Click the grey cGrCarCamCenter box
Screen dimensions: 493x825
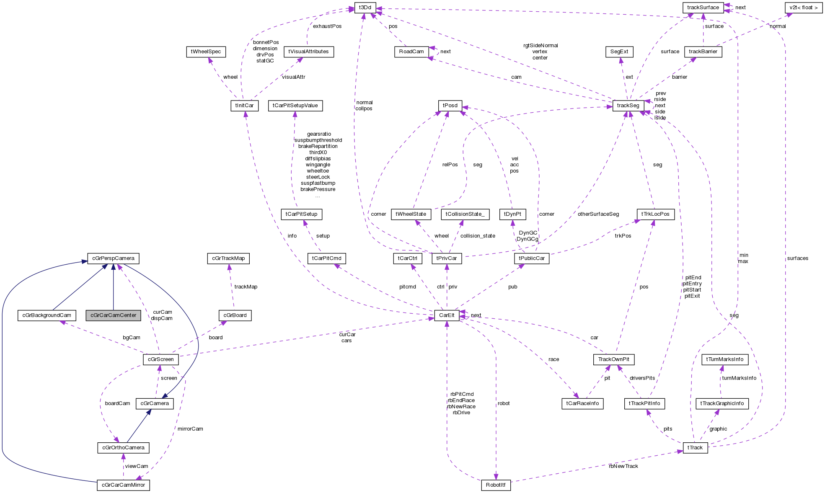(113, 315)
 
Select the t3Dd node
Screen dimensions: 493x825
(365, 7)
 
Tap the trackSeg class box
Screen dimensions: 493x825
(628, 105)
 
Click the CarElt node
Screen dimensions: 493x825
(447, 315)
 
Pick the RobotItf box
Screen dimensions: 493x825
(496, 485)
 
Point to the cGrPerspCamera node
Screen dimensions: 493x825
(113, 258)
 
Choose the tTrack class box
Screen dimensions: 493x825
(695, 447)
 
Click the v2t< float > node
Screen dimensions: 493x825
(804, 7)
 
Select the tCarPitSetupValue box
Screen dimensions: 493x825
(295, 105)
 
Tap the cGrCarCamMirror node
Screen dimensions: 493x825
(123, 485)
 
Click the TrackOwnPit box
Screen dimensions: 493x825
(613, 359)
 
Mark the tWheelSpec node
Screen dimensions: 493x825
(206, 52)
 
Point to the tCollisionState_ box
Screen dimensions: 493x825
(465, 214)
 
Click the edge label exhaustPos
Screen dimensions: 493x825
(327, 26)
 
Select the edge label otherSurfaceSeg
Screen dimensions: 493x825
(598, 214)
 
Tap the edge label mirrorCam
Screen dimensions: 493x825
(190, 428)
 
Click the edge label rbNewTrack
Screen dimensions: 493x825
(623, 466)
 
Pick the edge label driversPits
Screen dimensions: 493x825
(642, 378)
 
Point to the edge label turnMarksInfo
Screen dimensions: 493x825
(739, 378)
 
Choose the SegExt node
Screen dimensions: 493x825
(619, 52)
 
